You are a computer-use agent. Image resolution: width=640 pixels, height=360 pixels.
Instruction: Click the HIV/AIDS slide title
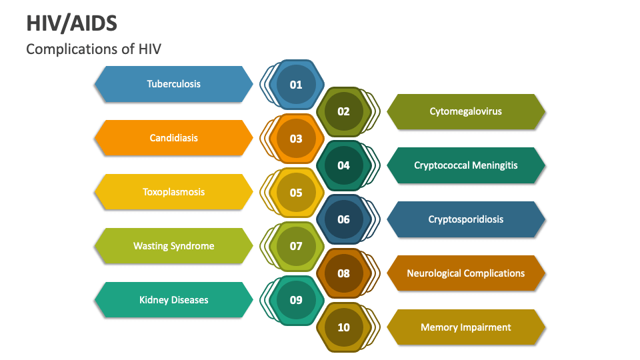click(71, 23)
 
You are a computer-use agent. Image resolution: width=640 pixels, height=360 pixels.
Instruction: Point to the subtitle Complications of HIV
click(93, 49)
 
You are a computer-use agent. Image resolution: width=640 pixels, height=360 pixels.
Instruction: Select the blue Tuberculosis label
click(173, 84)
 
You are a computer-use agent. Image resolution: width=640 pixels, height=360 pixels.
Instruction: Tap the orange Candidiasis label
click(173, 138)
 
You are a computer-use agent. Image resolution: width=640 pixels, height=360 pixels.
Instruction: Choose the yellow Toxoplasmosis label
click(173, 192)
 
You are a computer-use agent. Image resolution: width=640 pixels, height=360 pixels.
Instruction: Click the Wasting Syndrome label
click(173, 246)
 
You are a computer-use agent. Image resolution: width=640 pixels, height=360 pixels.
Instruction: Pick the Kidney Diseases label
click(173, 300)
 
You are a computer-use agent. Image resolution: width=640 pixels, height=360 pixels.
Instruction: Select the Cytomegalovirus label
click(466, 111)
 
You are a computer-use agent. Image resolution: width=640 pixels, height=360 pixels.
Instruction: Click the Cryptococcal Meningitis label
click(466, 165)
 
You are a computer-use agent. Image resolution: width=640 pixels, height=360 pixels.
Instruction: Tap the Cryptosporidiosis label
click(466, 219)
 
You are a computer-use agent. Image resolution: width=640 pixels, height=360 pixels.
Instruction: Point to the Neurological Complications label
click(466, 273)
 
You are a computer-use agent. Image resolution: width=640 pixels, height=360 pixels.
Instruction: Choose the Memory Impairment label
click(466, 327)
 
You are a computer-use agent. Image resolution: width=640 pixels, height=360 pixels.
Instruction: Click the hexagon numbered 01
click(296, 85)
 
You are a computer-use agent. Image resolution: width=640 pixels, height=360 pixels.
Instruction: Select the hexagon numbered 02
click(343, 111)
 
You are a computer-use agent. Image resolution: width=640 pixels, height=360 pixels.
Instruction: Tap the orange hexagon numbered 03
click(296, 139)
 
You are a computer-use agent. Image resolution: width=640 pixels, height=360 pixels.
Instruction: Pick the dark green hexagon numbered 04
click(343, 165)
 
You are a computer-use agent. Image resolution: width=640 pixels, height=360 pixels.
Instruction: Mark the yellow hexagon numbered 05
click(296, 193)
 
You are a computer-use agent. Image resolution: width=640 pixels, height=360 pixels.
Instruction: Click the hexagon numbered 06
click(343, 219)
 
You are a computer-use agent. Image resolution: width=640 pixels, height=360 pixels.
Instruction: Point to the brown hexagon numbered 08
click(343, 273)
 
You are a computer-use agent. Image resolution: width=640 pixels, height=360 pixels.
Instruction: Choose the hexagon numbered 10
click(343, 327)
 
